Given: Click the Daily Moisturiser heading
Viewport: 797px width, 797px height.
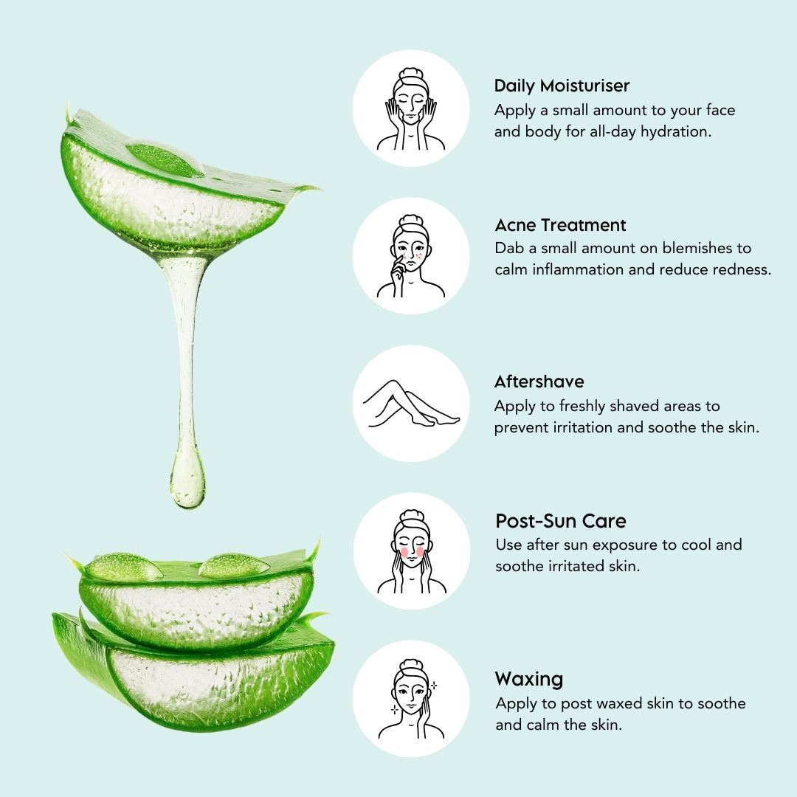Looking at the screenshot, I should point(562,86).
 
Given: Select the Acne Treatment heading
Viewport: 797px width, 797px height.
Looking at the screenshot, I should point(560,225).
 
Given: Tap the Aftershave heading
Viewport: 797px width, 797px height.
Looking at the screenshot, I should point(539,382).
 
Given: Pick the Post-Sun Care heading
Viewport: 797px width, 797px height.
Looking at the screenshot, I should point(560,521).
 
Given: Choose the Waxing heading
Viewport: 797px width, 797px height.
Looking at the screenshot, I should point(528,679).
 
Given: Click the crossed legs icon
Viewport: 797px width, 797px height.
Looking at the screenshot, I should point(411,404).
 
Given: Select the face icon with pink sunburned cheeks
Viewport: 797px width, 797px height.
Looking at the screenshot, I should point(411,551).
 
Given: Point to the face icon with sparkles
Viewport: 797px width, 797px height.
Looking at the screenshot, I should point(411,699).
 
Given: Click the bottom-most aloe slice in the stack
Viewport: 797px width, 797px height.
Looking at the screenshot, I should point(192,679).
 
